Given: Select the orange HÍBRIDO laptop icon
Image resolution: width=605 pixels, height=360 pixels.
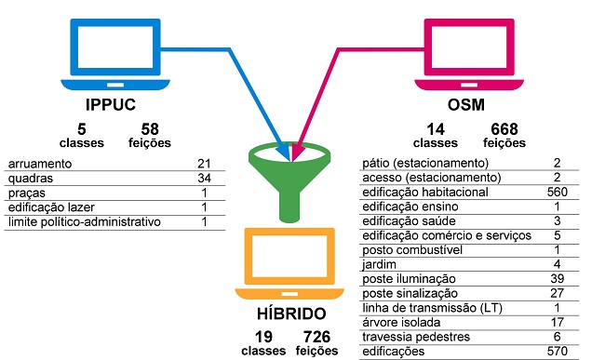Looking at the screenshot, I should point(286,252).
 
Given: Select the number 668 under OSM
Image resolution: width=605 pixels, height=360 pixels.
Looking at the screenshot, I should point(504,128).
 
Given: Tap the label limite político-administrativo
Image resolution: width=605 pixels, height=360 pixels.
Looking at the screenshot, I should point(84,221).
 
